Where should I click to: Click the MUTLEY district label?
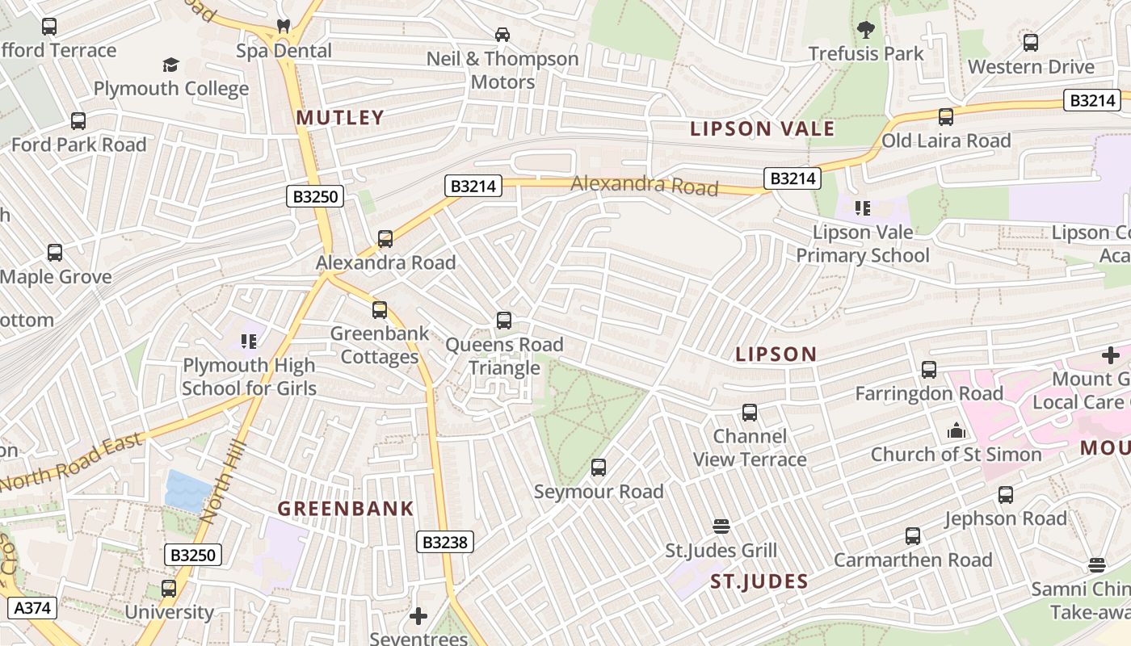339,118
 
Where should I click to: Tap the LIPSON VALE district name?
762,128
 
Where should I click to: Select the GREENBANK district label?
346,509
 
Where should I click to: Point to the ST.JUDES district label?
759,581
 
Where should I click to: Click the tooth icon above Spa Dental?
284,26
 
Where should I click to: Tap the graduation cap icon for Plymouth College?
170,65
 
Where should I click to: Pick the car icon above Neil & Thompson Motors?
502,34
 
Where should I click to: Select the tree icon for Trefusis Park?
866,31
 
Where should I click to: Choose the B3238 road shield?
445,542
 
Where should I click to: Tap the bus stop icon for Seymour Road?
599,468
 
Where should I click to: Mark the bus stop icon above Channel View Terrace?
750,413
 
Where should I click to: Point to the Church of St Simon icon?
957,430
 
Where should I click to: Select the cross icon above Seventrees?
418,617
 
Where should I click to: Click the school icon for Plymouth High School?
249,342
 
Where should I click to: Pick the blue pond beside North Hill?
188,490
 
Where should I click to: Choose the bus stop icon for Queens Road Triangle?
504,321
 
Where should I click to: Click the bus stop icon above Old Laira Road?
946,117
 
